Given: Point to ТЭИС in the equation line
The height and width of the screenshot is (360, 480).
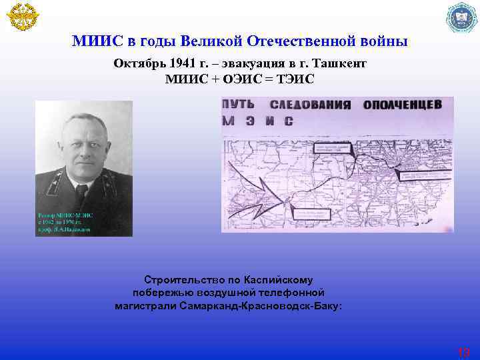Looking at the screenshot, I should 293,79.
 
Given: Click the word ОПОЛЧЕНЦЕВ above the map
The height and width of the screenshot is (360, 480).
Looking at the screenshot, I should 402,105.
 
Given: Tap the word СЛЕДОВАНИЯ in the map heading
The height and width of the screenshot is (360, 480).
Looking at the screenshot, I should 311,105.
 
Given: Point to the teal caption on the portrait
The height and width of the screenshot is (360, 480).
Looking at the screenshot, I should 64,222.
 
